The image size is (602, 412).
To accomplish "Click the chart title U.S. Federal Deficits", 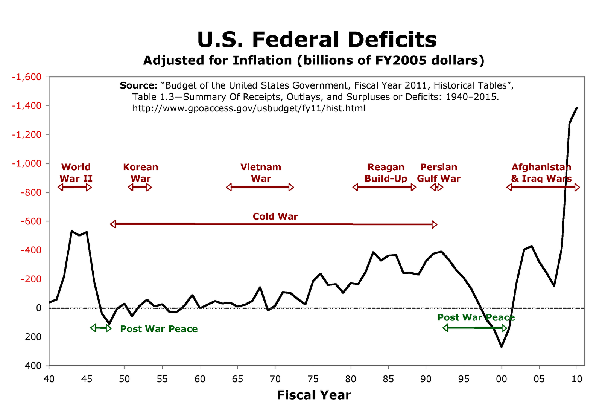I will (x=316, y=40).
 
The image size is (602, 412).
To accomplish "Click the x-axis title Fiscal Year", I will (x=314, y=395).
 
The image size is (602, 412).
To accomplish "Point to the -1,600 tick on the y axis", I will (x=29, y=77).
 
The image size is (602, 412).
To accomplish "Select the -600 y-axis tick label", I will (x=31, y=221).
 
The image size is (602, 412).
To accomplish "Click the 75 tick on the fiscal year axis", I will (x=313, y=379).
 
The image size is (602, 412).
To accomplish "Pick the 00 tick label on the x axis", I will (x=501, y=379).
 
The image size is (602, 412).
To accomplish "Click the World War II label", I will (x=76, y=172).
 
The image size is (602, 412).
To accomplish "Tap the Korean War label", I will (x=140, y=172).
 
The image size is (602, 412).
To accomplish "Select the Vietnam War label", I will (x=261, y=172).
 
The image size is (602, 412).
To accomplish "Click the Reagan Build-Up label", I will (x=386, y=172).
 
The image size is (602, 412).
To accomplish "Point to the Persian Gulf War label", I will (x=439, y=172).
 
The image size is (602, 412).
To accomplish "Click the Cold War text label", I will (x=275, y=217).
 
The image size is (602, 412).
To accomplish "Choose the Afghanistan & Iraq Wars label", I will (x=541, y=172).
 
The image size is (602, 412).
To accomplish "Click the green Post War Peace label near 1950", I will (x=159, y=329).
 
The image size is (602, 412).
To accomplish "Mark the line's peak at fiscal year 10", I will (x=577, y=108).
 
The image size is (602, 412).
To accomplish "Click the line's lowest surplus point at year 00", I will (x=501, y=346).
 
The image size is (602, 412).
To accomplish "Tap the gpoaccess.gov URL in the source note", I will (x=249, y=108).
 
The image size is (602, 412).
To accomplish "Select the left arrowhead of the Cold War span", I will (x=113, y=224).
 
